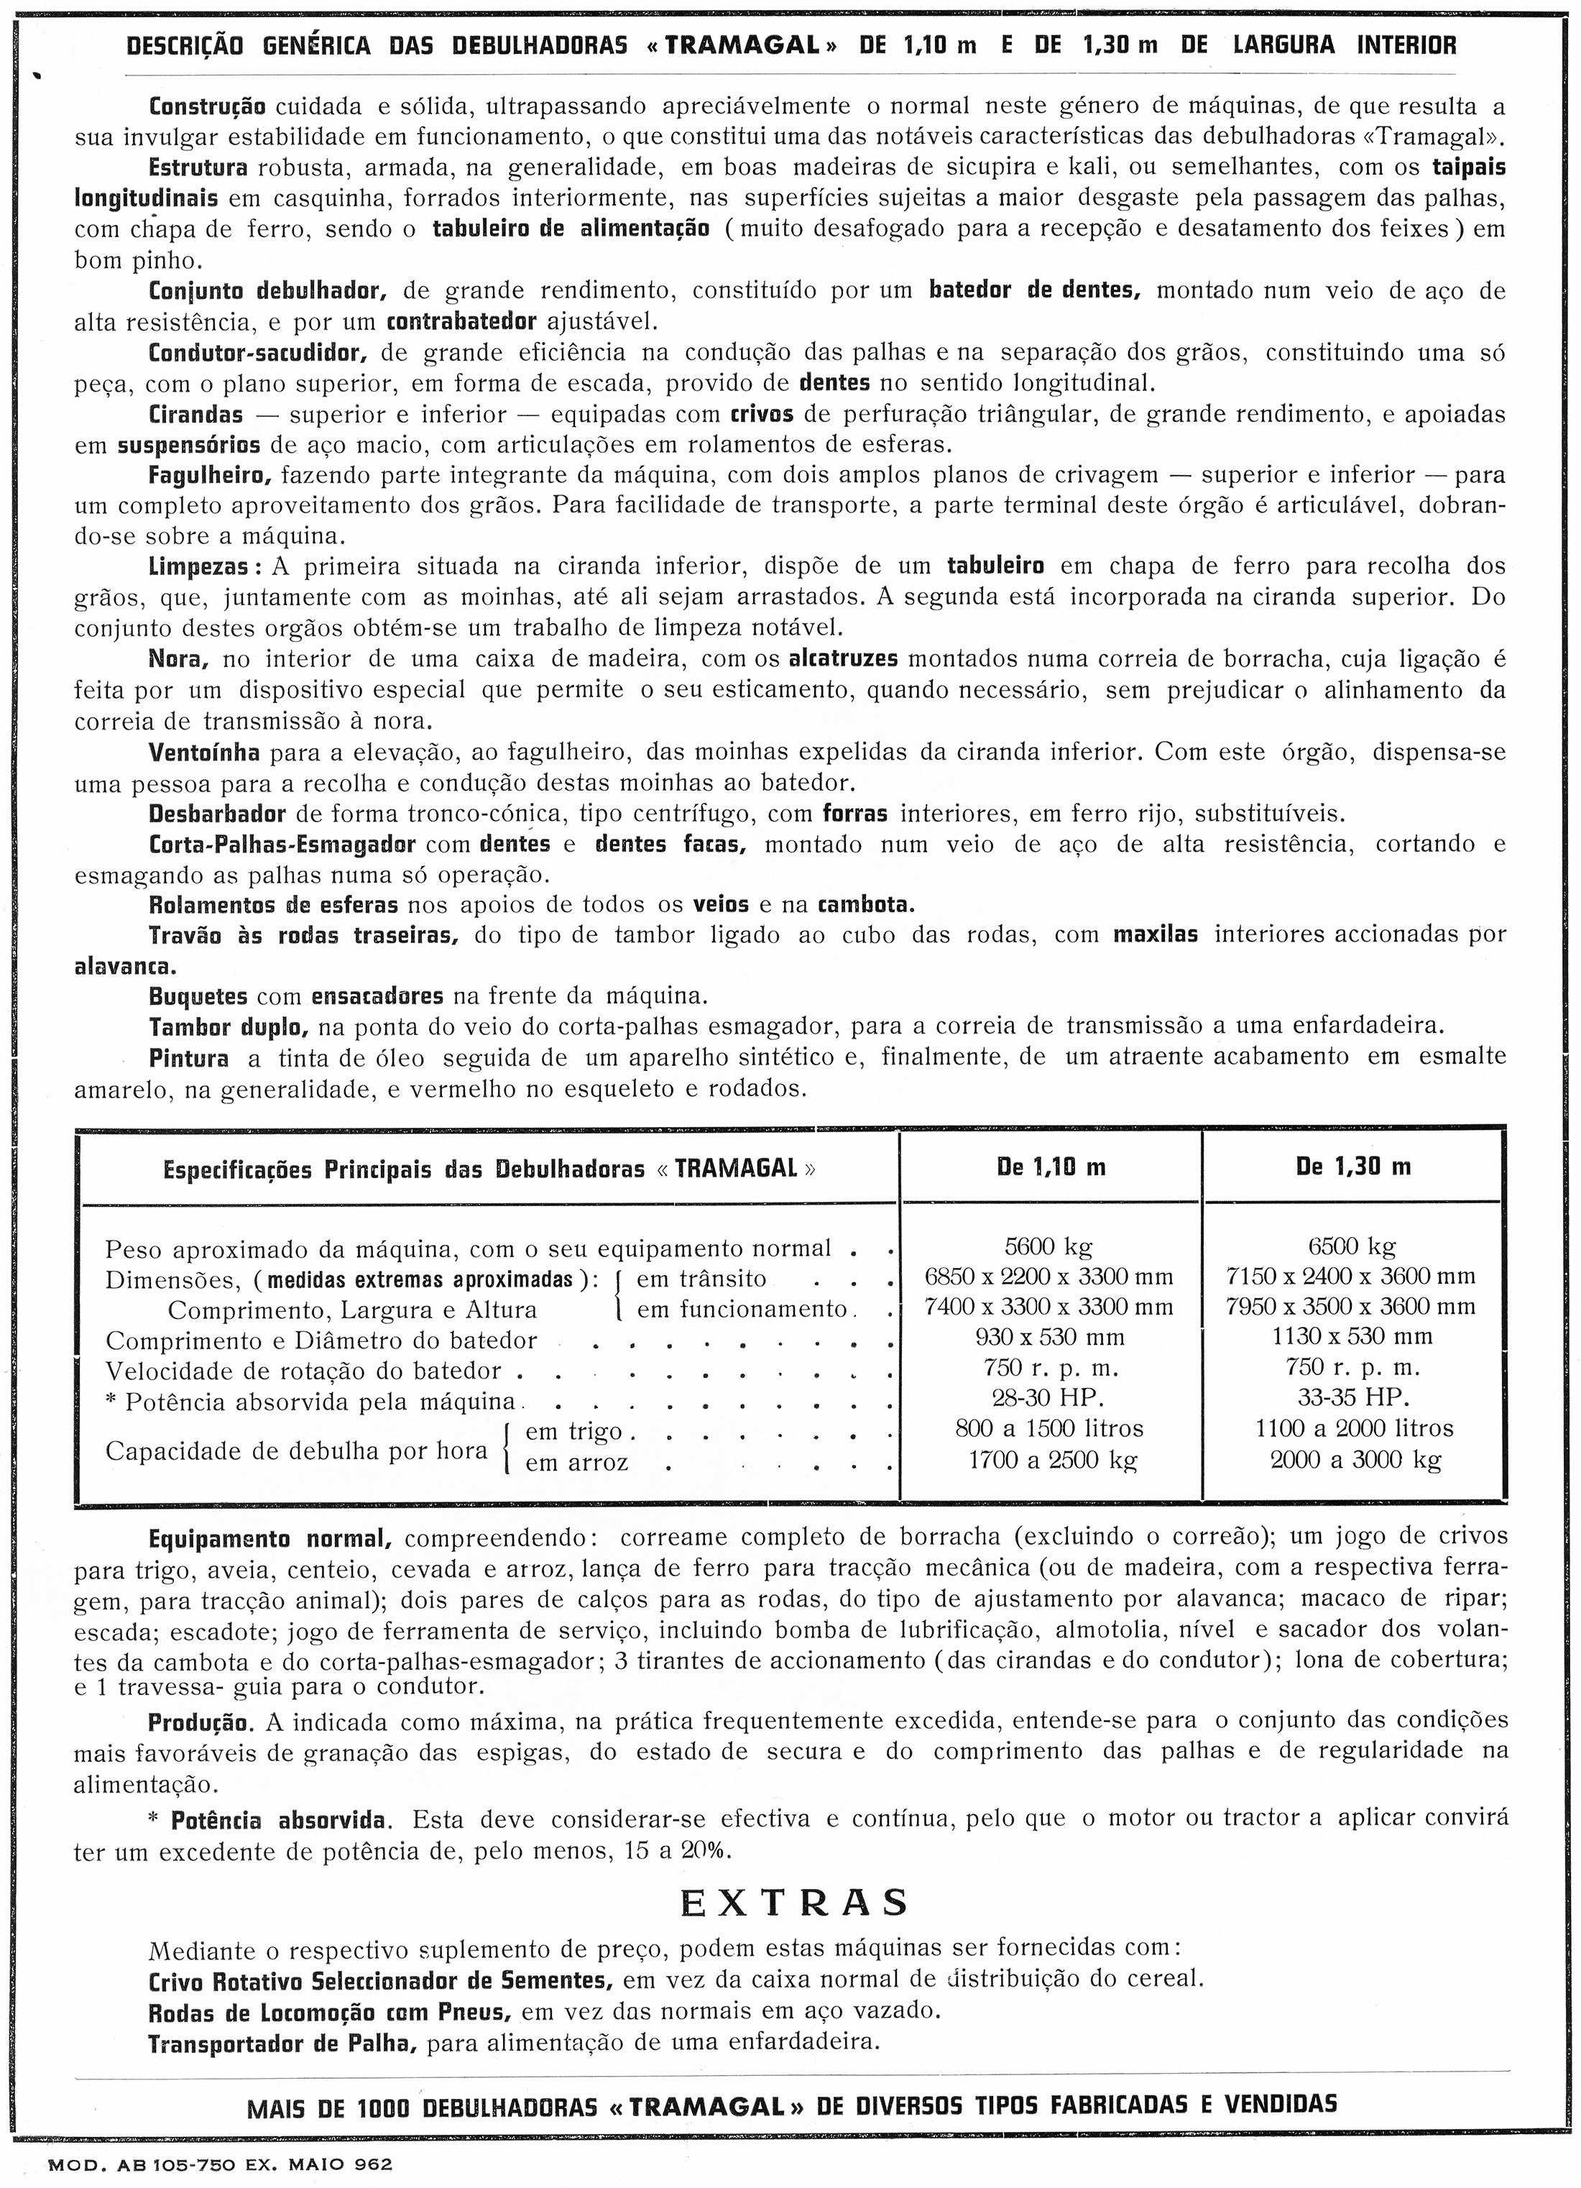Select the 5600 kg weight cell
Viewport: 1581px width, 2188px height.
pos(1048,1246)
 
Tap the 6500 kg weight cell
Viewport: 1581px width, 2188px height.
pos(1352,1246)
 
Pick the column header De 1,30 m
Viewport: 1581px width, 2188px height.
pos(1352,1167)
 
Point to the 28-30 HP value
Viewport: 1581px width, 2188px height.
pos(1048,1398)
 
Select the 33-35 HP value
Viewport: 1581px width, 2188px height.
pos(1352,1398)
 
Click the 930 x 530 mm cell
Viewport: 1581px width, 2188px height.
pos(1048,1337)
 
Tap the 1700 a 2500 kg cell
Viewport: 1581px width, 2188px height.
pos(1052,1460)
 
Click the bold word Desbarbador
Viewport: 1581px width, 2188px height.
pos(218,813)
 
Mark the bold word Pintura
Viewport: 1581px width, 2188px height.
pos(189,1057)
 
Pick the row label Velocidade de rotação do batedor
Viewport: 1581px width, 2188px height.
pos(304,1371)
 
